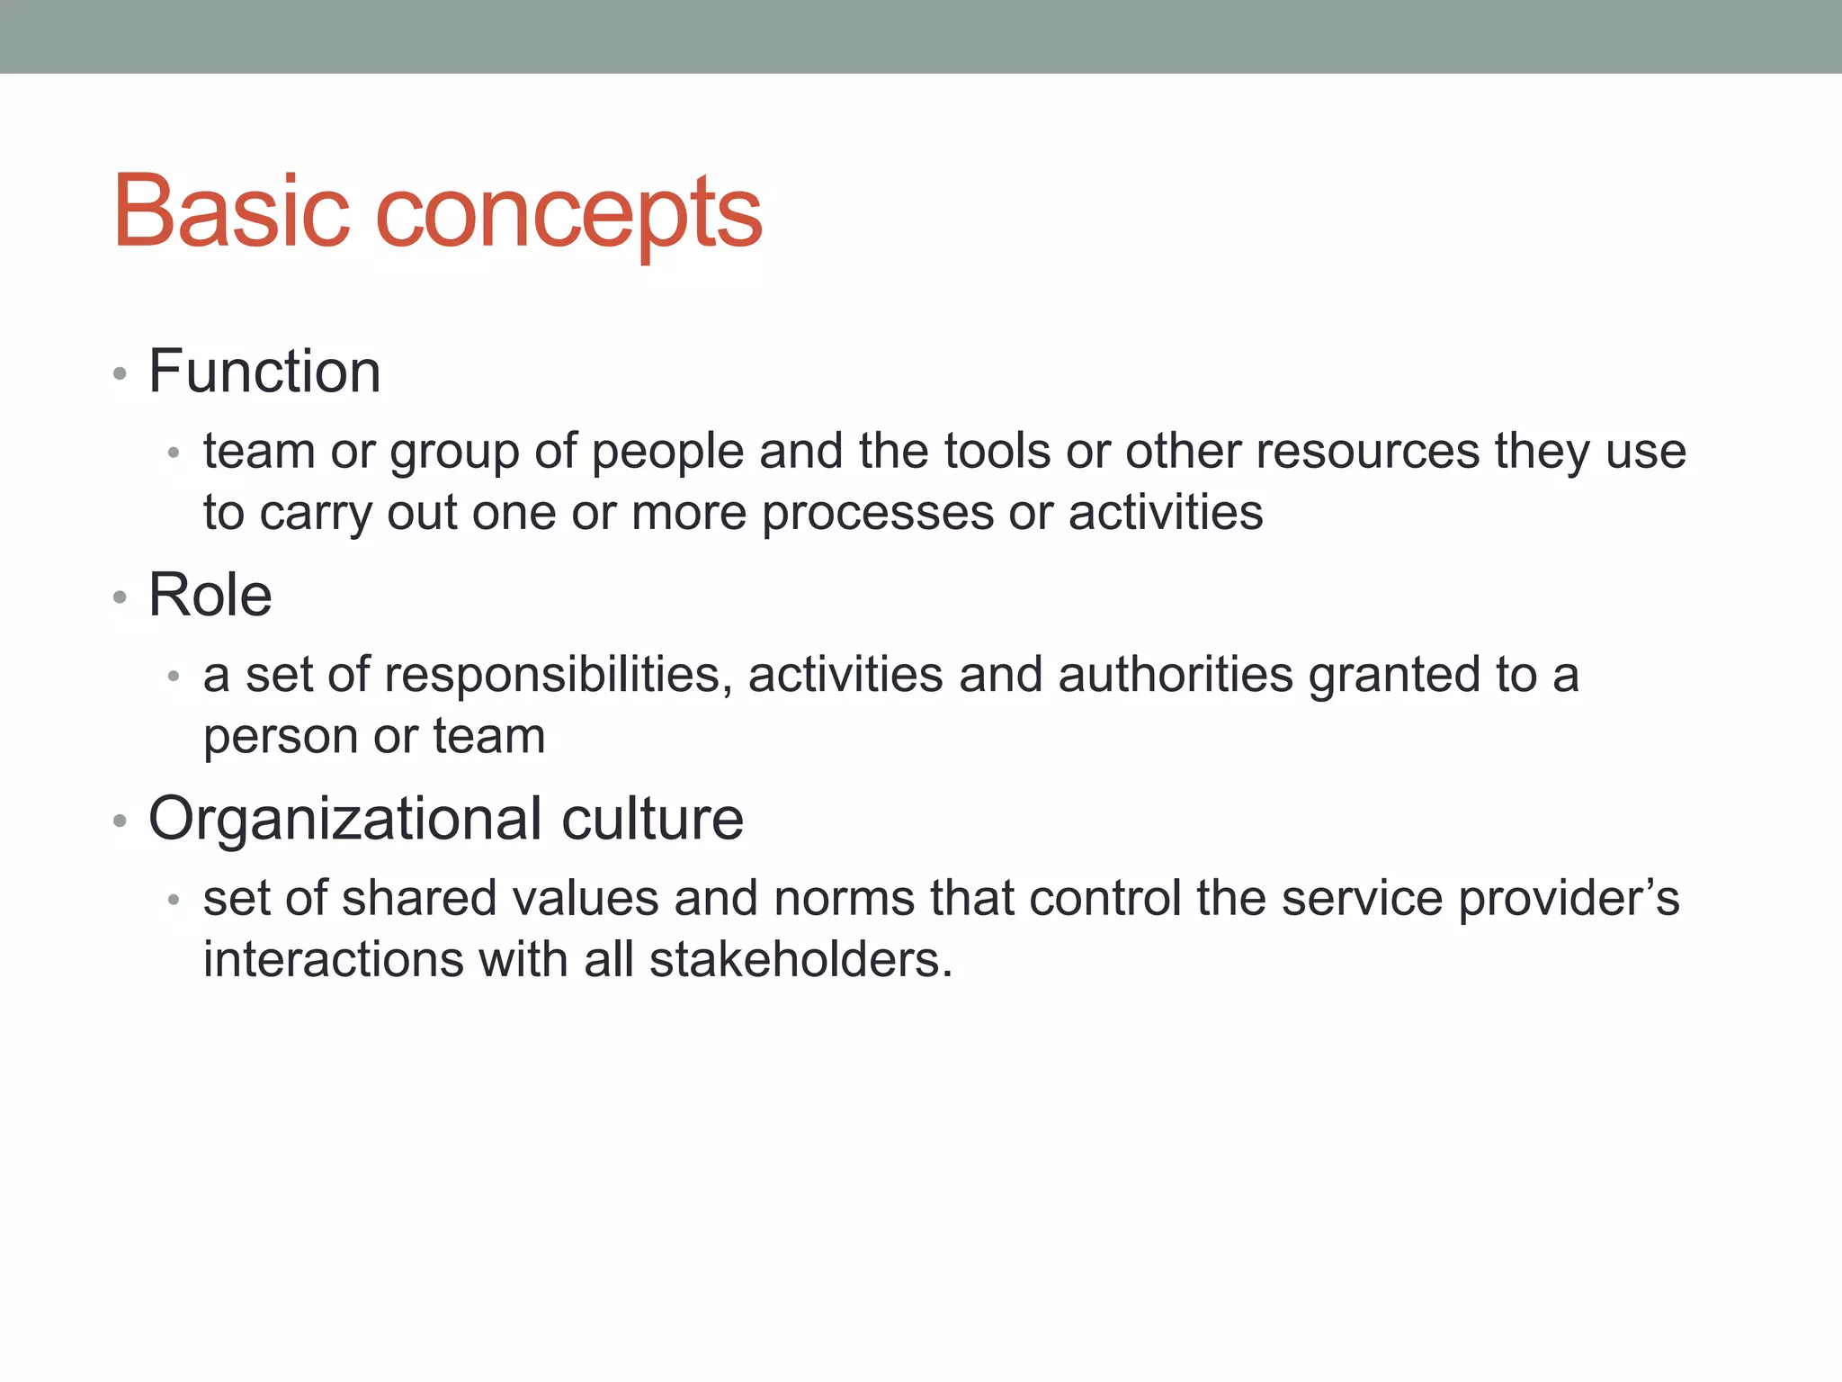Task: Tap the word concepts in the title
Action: (568, 216)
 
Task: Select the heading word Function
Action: (264, 371)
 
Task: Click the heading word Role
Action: (210, 595)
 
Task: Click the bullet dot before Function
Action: (120, 373)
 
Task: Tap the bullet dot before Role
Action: (120, 597)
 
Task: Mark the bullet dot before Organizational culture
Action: (120, 821)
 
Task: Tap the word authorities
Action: (1176, 675)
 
